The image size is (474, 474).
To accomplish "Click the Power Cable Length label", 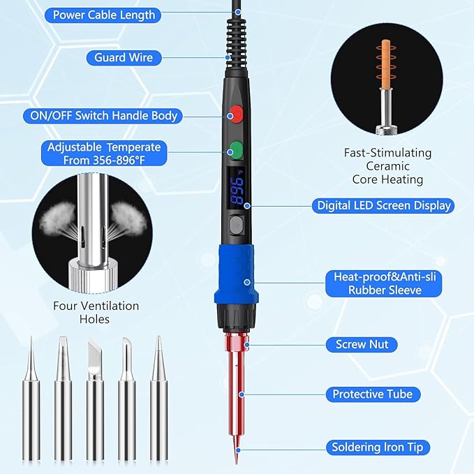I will coord(104,15).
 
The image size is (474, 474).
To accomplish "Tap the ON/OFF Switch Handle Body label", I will coord(103,116).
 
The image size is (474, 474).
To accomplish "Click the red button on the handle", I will coord(235,112).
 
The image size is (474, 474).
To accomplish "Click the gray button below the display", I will coord(235,225).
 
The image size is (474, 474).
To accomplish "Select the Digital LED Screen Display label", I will coord(384,205).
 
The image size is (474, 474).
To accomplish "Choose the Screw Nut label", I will coord(362,344).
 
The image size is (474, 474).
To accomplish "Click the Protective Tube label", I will coord(372,394).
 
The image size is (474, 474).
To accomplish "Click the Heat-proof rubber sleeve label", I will coord(386,283).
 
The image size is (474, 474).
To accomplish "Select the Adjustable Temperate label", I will coord(103,153).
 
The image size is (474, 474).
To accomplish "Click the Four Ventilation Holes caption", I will coord(96,312).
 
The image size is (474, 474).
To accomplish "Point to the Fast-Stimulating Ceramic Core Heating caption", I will coord(387,165).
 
